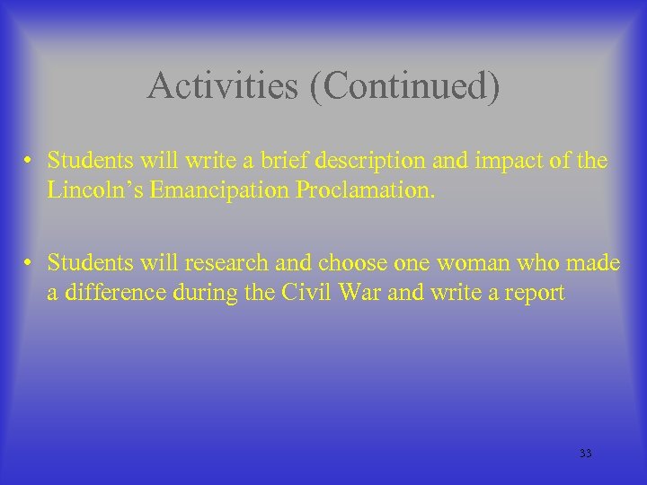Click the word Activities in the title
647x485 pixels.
[209, 87]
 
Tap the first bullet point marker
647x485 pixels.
[30, 162]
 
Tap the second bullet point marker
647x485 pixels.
[30, 262]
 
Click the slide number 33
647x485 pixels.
[585, 454]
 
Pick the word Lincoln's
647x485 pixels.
[88, 190]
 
